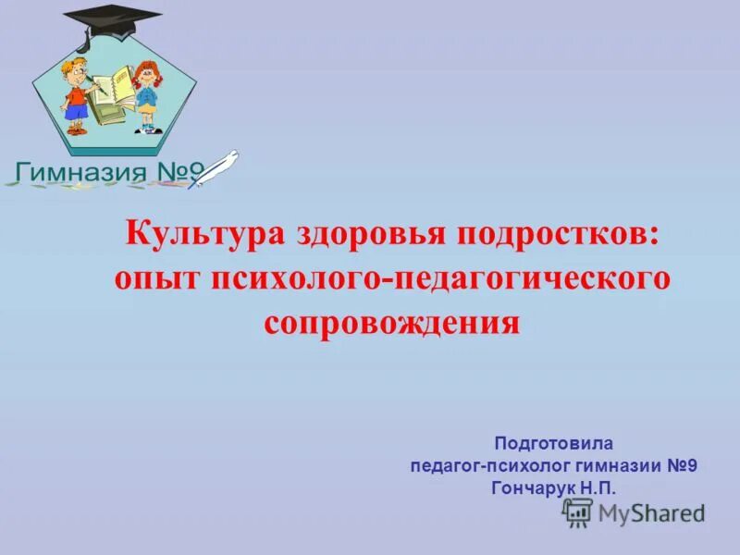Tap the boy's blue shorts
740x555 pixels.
78,111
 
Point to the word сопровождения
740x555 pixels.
392,323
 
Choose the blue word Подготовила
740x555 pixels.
553,444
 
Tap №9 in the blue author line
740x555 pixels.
680,465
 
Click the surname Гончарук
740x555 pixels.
534,487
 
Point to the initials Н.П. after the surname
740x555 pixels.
598,487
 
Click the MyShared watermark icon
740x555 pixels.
578,512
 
